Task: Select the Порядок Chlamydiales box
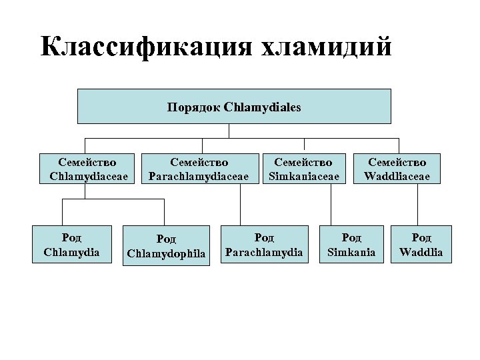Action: click(234, 106)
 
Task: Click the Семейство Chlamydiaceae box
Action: click(87, 169)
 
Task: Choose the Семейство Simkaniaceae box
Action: click(304, 169)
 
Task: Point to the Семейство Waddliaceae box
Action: click(397, 169)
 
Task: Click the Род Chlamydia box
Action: click(71, 244)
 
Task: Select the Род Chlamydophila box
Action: click(167, 245)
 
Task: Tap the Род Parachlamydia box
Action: click(264, 244)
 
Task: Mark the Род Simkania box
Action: click(351, 244)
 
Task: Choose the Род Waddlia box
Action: click(421, 244)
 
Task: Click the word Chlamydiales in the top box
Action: click(263, 107)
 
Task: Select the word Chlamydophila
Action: click(167, 253)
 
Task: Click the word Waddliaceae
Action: click(397, 177)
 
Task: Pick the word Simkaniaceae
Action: click(304, 177)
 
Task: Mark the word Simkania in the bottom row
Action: click(351, 252)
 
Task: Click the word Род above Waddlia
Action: click(421, 237)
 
